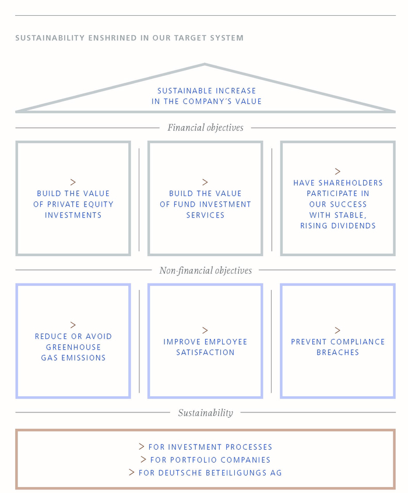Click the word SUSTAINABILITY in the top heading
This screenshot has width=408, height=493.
[x=50, y=38]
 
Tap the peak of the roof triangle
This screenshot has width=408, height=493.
[x=205, y=64]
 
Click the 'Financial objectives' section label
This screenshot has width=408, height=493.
[x=205, y=128]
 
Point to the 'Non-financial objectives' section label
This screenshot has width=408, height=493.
[x=205, y=270]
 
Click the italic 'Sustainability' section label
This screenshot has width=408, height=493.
[x=205, y=413]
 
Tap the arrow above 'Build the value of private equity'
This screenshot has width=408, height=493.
[x=73, y=183]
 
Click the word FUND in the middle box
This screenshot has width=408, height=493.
[x=182, y=204]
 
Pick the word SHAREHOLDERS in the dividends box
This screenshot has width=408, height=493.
[x=350, y=183]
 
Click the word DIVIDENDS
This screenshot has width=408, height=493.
[x=356, y=226]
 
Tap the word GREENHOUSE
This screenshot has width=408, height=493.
[x=73, y=347]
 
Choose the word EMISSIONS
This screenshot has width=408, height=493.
[x=83, y=358]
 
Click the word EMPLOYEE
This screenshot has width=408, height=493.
[x=226, y=342]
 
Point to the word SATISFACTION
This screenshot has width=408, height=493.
[x=205, y=352]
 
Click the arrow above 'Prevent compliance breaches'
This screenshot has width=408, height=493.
[x=337, y=330]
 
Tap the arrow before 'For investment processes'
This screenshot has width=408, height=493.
[x=142, y=446]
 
